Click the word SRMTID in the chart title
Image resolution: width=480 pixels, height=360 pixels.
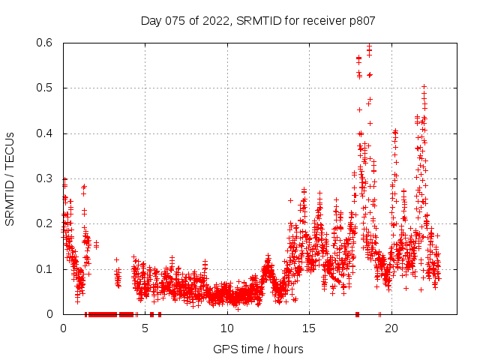(x=256, y=20)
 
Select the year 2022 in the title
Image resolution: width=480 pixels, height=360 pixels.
(x=214, y=20)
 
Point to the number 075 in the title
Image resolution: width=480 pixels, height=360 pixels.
(x=174, y=20)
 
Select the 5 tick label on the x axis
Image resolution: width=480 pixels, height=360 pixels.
(x=145, y=328)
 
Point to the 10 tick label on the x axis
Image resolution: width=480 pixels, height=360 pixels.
(x=227, y=328)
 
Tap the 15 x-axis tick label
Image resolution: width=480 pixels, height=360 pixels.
(x=309, y=328)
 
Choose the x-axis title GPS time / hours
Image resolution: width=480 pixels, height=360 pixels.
(x=258, y=349)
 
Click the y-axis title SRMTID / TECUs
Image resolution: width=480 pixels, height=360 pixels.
(x=10, y=178)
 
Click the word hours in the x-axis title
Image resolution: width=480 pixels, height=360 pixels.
(x=288, y=349)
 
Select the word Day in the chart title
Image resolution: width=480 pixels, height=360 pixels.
(x=151, y=20)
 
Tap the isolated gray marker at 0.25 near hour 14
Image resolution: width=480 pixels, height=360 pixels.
(x=290, y=200)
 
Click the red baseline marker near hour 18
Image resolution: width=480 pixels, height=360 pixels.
(x=357, y=313)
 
